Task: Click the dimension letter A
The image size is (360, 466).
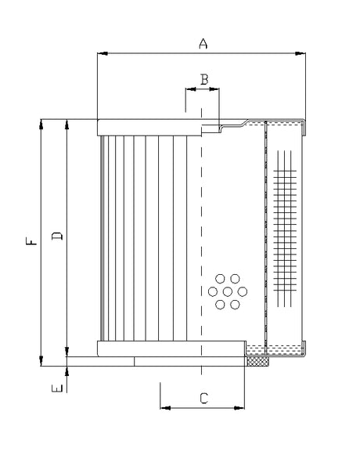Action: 203,44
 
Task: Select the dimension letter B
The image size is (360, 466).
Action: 203,78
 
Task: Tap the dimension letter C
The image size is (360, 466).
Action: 203,398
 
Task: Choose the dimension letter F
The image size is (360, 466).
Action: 30,243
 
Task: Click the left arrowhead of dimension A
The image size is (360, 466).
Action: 101,54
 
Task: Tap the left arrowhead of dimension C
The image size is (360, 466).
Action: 164,408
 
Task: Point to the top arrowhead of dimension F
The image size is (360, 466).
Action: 41,123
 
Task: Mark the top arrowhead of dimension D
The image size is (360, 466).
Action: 68,123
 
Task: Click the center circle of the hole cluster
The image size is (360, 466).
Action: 228,291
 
